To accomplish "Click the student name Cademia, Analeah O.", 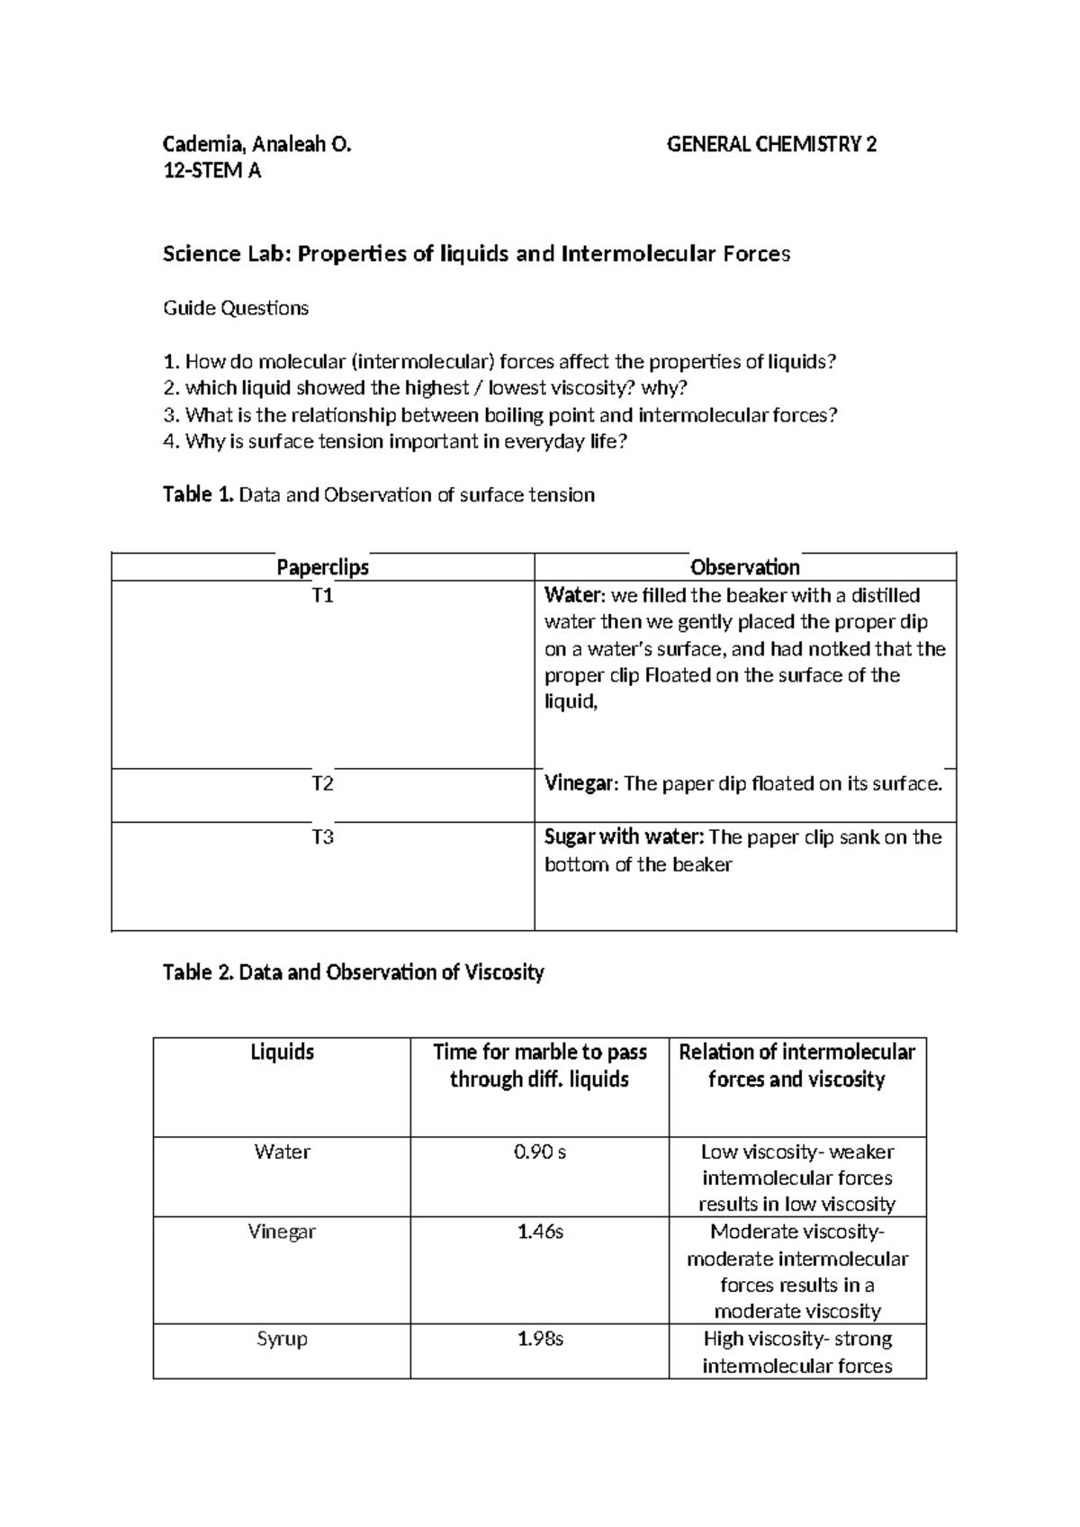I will coord(256,144).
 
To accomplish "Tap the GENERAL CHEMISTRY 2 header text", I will coord(771,144).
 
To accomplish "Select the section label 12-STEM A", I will coord(211,171).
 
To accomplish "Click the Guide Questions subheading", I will coord(236,309).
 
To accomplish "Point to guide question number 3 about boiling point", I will coord(500,415).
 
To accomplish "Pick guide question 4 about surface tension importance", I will coord(394,441).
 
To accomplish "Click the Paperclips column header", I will coord(322,567).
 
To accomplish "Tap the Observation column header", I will coord(744,567).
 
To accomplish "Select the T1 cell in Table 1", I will coord(322,596).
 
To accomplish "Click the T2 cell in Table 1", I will coord(322,784).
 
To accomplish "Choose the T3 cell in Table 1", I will coord(322,837).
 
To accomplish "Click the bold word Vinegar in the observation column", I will coord(580,784).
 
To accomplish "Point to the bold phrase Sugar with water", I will coord(624,837).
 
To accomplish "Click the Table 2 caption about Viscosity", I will coord(354,972).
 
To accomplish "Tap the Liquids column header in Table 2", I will coord(282,1053).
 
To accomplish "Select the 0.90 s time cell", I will coord(539,1152).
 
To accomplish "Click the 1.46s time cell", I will coord(539,1232).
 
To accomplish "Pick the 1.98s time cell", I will coord(539,1339).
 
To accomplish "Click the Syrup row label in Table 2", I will coord(282,1339).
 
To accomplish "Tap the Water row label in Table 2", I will coord(282,1152).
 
